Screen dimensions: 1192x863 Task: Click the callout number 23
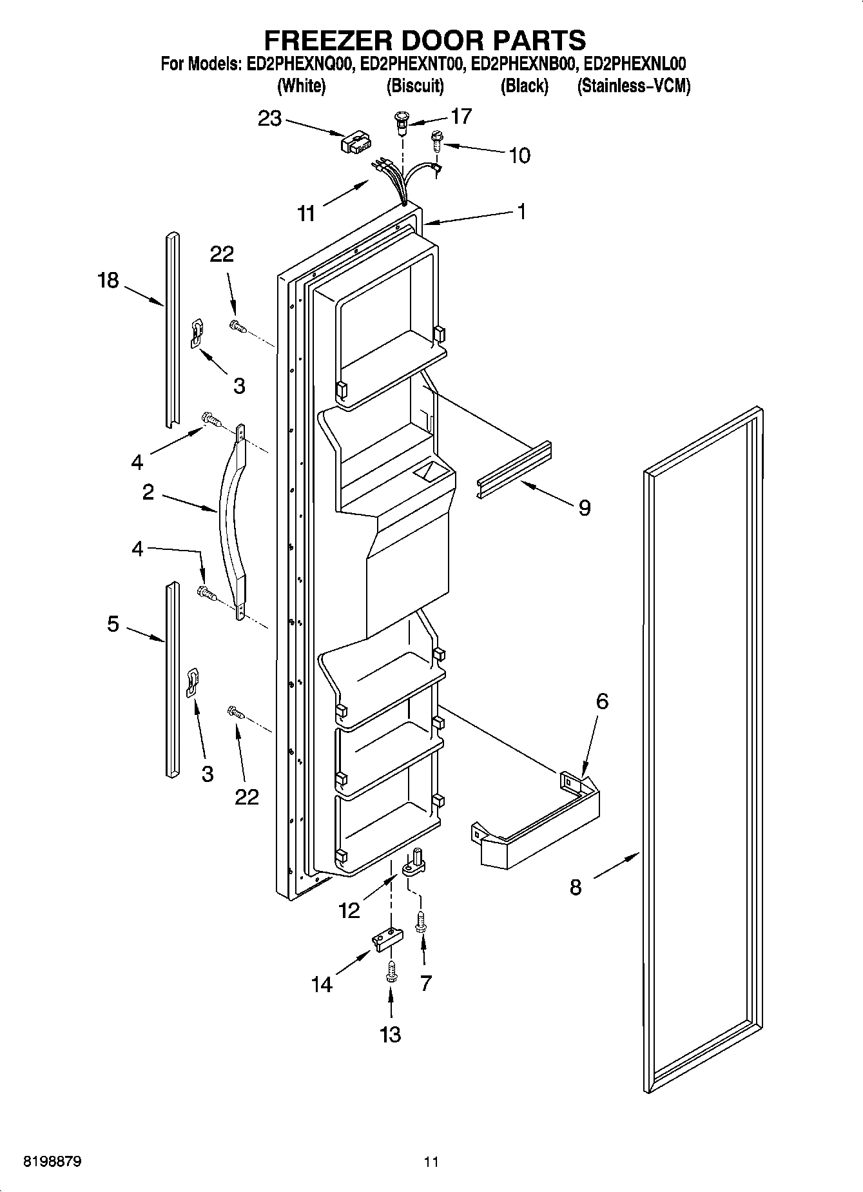tap(269, 119)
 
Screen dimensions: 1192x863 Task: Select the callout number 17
tap(461, 116)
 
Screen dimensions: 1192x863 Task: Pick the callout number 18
tap(108, 280)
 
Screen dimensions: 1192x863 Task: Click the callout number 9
tap(584, 508)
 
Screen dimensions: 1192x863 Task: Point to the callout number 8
tap(576, 887)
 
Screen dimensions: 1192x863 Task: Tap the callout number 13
tap(391, 1035)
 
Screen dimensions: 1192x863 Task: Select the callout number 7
tap(425, 984)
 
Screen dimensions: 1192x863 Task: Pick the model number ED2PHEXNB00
tap(525, 64)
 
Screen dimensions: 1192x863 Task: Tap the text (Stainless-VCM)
tap(633, 86)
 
